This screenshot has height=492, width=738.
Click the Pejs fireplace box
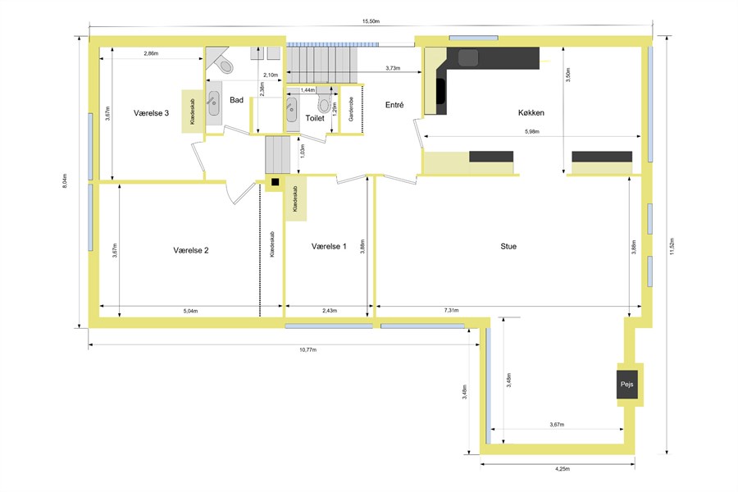click(x=627, y=385)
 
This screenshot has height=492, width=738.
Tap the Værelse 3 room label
click(x=151, y=113)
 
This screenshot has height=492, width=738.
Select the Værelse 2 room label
click(x=190, y=250)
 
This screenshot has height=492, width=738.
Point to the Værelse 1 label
click(x=329, y=246)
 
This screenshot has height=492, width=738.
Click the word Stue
click(x=508, y=246)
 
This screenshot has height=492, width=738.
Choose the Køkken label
click(x=531, y=112)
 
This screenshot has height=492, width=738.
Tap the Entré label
click(x=394, y=105)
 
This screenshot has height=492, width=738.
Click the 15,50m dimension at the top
click(x=371, y=21)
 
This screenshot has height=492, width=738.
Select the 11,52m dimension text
click(x=672, y=246)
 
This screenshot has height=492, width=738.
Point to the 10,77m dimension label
click(x=307, y=350)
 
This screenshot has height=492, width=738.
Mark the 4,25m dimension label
click(x=563, y=469)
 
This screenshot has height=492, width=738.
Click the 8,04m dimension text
click(x=65, y=181)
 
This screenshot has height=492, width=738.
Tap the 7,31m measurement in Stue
click(x=451, y=310)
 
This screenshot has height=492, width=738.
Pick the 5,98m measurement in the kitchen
click(x=532, y=131)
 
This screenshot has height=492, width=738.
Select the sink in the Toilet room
click(x=291, y=109)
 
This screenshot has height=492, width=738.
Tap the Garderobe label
click(x=351, y=109)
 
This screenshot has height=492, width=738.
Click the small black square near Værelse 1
click(x=276, y=182)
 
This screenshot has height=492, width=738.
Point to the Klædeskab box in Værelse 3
click(x=192, y=112)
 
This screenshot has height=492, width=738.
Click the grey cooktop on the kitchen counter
click(x=468, y=57)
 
